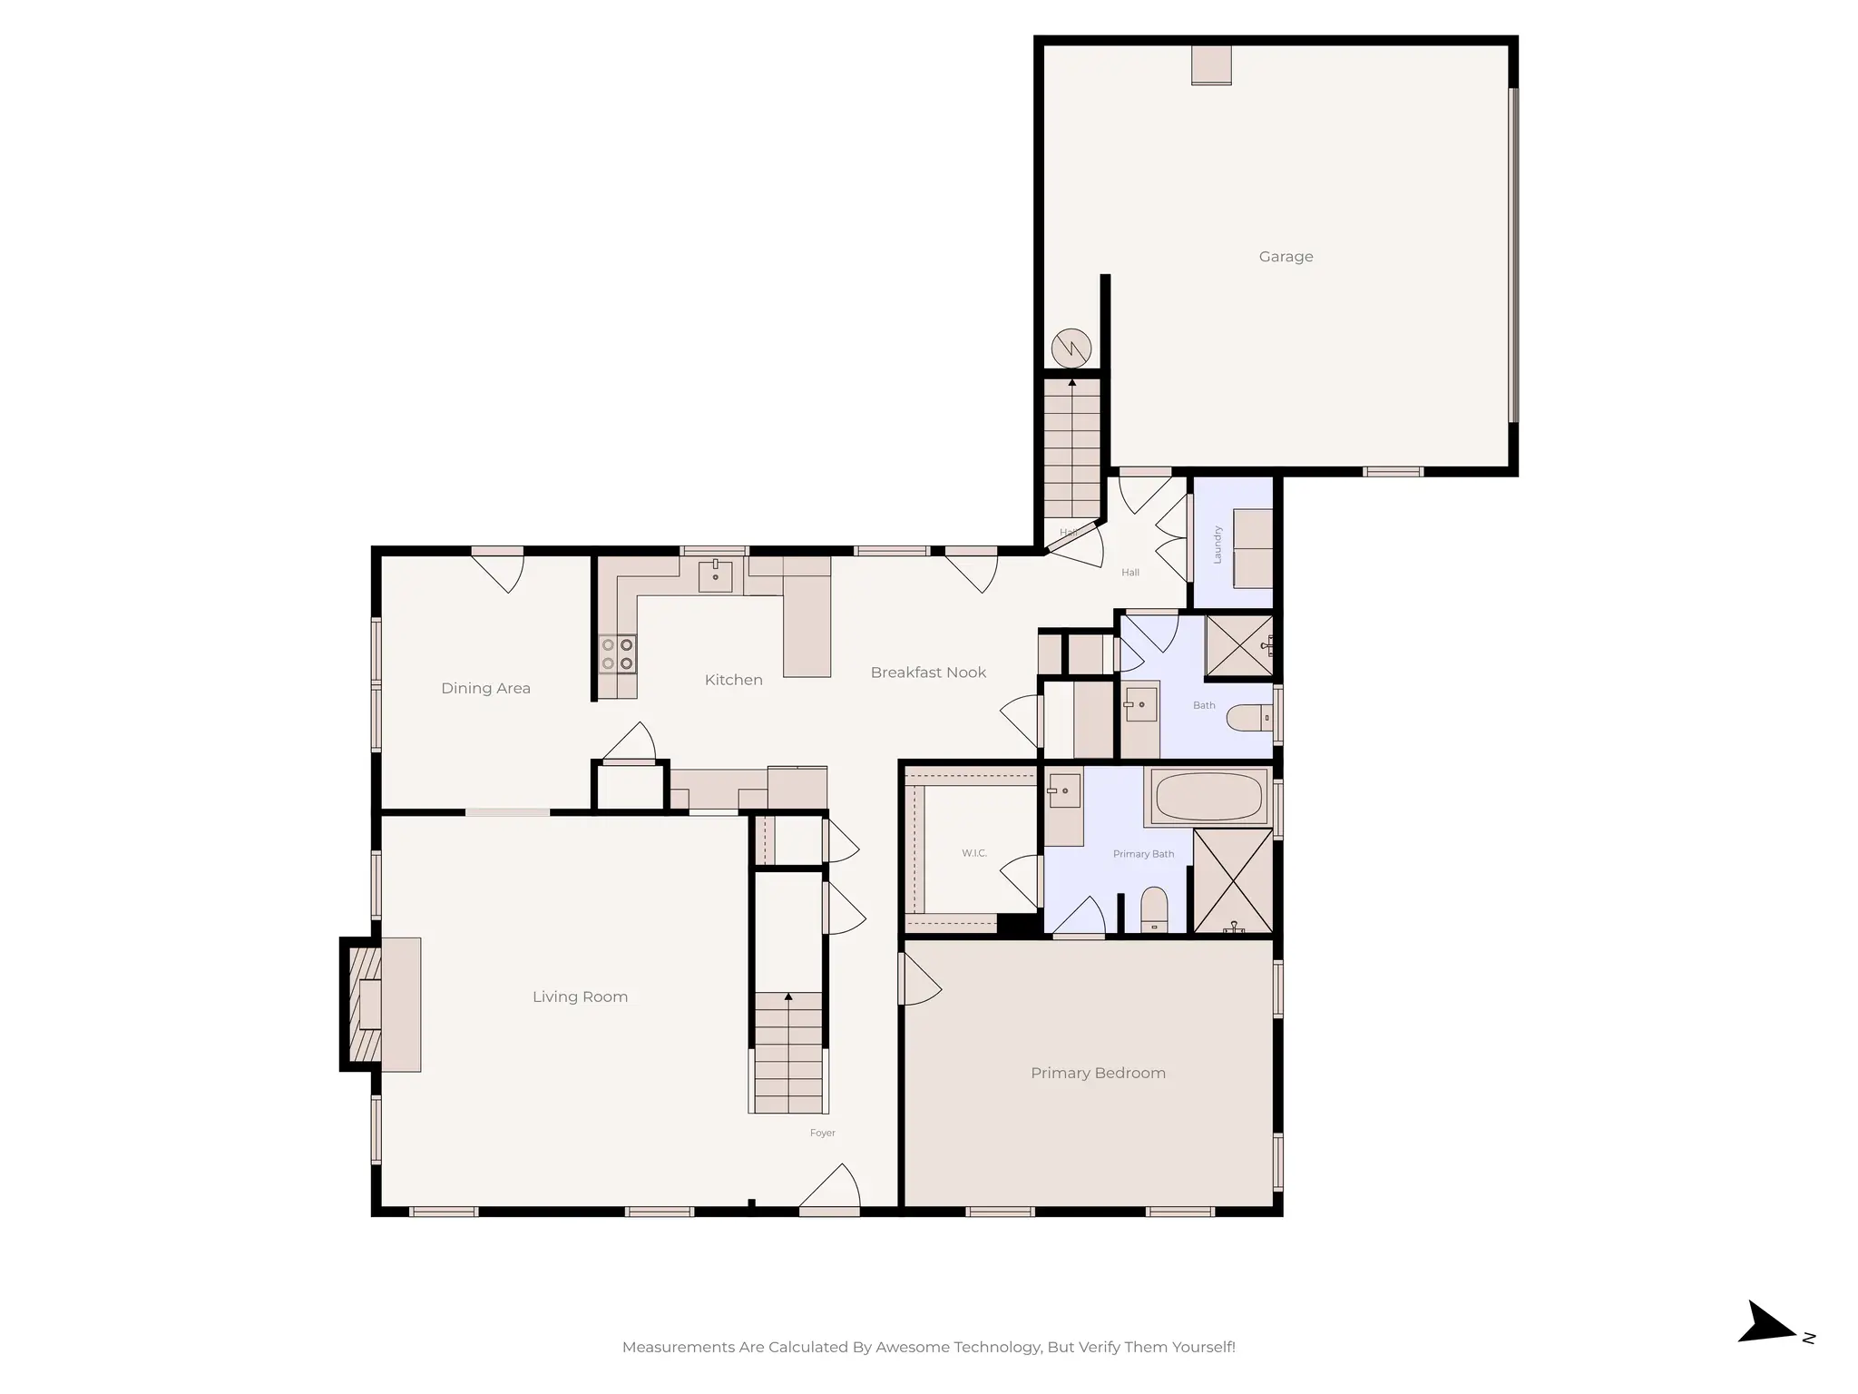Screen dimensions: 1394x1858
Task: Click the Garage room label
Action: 1286,257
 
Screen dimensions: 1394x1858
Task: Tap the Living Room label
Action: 580,996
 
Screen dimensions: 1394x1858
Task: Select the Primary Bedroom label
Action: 1098,1073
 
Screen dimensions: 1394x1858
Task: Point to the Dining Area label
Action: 485,688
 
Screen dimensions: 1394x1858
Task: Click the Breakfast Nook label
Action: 928,672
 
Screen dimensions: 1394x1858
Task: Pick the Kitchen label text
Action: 733,680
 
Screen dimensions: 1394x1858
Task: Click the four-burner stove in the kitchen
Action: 617,654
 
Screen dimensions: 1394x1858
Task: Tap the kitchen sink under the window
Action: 715,576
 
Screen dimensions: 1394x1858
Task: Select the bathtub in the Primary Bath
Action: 1208,797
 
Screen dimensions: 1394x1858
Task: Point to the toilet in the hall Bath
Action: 1248,718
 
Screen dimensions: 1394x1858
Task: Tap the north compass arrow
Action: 1765,1350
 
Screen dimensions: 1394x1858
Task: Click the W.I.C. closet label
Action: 974,853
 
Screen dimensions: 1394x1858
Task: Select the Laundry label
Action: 1217,545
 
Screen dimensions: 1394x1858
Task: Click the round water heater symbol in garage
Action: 1071,348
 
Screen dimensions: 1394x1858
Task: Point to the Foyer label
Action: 822,1133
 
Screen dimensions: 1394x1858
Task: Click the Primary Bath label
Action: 1143,854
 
